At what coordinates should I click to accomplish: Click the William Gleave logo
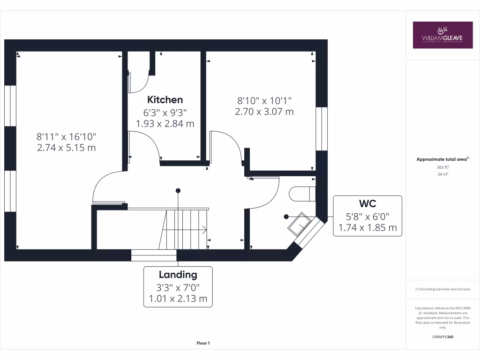click(x=442, y=35)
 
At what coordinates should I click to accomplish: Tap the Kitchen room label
click(x=165, y=99)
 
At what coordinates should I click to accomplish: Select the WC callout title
click(x=367, y=204)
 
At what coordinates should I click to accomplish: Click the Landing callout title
click(x=178, y=275)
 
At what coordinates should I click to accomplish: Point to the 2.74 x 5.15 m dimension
click(x=67, y=147)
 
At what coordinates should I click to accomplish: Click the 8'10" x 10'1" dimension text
click(x=264, y=100)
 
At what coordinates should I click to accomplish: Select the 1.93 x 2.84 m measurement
click(x=165, y=123)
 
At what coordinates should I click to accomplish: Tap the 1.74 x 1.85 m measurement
click(x=367, y=228)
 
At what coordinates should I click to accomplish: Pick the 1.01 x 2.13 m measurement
click(x=178, y=299)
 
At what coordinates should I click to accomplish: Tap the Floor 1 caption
click(x=203, y=344)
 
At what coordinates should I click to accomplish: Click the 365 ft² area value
click(x=442, y=167)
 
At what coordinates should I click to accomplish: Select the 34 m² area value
click(x=442, y=174)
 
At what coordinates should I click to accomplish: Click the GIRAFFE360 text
click(x=442, y=337)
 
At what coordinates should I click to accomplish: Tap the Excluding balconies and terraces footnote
click(x=442, y=289)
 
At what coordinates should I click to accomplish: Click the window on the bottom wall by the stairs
click(x=153, y=255)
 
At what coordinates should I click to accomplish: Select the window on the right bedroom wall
click(x=322, y=129)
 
